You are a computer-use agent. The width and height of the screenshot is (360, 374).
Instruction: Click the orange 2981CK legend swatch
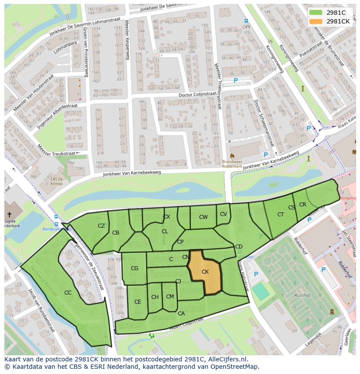tap(316, 21)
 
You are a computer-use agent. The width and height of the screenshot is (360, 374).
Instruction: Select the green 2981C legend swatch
tap(316, 13)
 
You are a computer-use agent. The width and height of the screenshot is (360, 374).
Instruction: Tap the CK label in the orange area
tap(206, 272)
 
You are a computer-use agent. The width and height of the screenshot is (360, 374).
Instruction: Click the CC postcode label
tap(68, 293)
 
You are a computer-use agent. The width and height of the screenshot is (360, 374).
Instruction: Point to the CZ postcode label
tap(101, 225)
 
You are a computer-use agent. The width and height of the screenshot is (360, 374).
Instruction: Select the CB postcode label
tap(116, 233)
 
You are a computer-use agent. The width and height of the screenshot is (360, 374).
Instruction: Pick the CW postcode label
tap(203, 217)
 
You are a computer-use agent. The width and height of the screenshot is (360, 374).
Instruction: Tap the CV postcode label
tap(223, 214)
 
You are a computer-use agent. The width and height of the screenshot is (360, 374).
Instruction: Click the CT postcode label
tap(280, 215)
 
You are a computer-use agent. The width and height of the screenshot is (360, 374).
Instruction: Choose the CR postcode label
tap(303, 205)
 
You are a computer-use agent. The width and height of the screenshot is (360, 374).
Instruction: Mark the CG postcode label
tap(134, 268)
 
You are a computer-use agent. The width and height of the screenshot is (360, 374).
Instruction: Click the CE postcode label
tap(137, 302)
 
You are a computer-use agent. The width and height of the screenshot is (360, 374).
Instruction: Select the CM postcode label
tap(170, 297)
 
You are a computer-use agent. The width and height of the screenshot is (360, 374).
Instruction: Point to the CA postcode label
tap(181, 313)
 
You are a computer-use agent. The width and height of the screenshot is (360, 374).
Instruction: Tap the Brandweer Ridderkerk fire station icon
tap(232, 155)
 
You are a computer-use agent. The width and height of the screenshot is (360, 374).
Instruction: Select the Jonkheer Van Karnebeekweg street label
tap(132, 173)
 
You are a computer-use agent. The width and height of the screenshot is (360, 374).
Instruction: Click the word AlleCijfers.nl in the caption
tap(227, 359)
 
